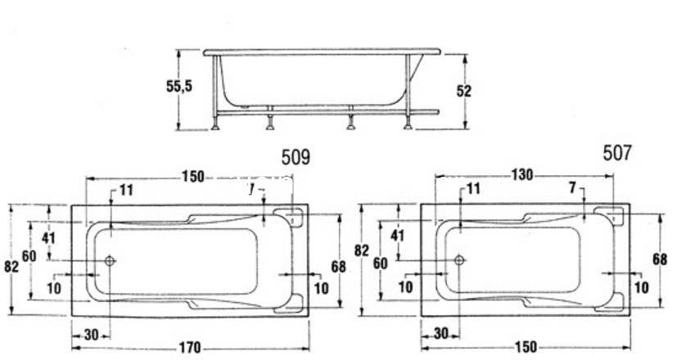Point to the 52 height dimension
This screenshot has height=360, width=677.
coord(463,91)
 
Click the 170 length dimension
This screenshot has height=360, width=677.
coord(189,349)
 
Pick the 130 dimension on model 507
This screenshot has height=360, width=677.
coord(522,174)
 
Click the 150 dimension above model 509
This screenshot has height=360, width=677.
coord(192,176)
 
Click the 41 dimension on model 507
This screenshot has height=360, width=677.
coord(399,235)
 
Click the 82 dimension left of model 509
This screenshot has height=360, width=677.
coord(9,267)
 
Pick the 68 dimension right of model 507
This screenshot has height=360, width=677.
coord(661,259)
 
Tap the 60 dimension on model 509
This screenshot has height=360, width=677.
coord(29,256)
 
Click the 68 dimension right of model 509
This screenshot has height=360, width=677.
coord(338,267)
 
